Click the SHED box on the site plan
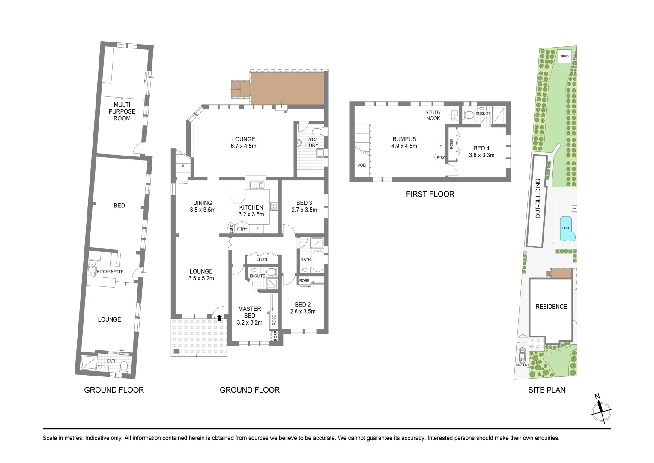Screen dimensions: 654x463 (x=564, y=57)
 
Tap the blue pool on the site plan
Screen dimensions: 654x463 (x=567, y=229)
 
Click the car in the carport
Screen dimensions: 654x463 (x=522, y=355)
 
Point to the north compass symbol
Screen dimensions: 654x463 (x=601, y=412)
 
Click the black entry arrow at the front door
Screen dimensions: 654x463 (x=219, y=317)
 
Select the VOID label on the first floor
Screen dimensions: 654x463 (x=362, y=165)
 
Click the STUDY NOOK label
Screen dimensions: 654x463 (x=433, y=115)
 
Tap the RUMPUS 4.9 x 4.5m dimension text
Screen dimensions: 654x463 (x=404, y=146)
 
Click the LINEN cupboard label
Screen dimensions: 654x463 (x=262, y=259)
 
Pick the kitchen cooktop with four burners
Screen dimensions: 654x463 (x=274, y=206)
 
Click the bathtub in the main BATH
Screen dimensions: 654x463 (x=318, y=261)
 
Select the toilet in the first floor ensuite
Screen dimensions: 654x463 (x=469, y=115)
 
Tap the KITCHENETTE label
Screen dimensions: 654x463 (x=110, y=271)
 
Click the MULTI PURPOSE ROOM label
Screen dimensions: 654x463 (x=122, y=111)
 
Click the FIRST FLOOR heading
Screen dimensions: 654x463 (x=430, y=194)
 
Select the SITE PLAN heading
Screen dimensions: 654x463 (x=547, y=390)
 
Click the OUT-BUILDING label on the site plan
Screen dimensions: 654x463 (x=538, y=198)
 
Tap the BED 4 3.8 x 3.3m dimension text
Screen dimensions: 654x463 (x=481, y=155)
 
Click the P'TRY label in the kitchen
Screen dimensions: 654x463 (x=242, y=229)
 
